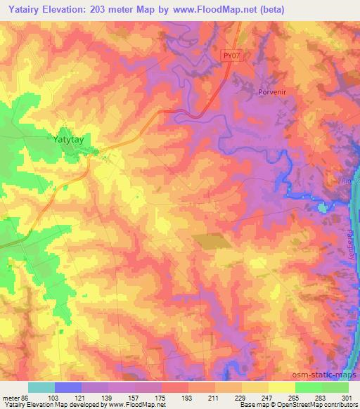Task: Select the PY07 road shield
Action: click(233, 55)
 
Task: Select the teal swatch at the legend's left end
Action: click(41, 387)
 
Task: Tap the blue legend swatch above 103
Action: click(67, 387)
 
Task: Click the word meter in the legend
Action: click(11, 398)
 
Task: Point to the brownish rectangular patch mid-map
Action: click(212, 240)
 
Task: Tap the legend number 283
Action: click(321, 398)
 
